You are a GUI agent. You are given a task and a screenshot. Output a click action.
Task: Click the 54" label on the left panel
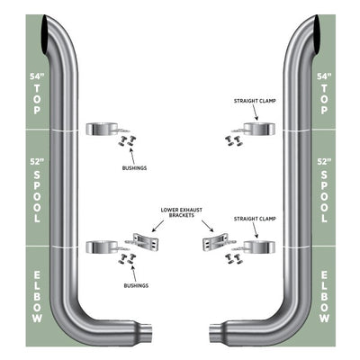[37, 76]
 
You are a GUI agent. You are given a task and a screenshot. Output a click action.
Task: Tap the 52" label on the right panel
[324, 162]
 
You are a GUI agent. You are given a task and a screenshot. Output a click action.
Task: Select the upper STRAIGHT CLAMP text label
[255, 101]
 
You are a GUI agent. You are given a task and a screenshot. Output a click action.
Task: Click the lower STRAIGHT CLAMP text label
[255, 220]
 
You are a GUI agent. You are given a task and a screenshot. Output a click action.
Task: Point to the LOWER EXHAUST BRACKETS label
[182, 212]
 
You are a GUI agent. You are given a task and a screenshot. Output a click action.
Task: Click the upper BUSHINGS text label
[134, 168]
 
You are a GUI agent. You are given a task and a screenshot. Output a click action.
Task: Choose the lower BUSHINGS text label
[136, 286]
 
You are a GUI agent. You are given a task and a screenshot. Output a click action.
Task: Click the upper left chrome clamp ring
[102, 129]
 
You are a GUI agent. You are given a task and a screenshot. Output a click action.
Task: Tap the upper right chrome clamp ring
[259, 129]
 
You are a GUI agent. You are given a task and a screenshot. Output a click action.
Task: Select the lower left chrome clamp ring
[102, 247]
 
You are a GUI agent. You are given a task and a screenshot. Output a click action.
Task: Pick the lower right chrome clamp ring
[259, 247]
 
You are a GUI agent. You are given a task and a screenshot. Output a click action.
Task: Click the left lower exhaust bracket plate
[146, 242]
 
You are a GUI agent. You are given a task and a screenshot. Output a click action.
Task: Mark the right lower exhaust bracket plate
[215, 242]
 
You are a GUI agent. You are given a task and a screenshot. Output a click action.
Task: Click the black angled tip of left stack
[47, 35]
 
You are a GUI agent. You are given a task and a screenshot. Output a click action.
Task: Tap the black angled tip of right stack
[314, 35]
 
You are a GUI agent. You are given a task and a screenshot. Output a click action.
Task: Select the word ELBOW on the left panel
[37, 297]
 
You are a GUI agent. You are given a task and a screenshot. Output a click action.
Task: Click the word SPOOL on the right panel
[324, 197]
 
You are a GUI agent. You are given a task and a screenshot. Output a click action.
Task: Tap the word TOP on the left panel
[37, 99]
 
